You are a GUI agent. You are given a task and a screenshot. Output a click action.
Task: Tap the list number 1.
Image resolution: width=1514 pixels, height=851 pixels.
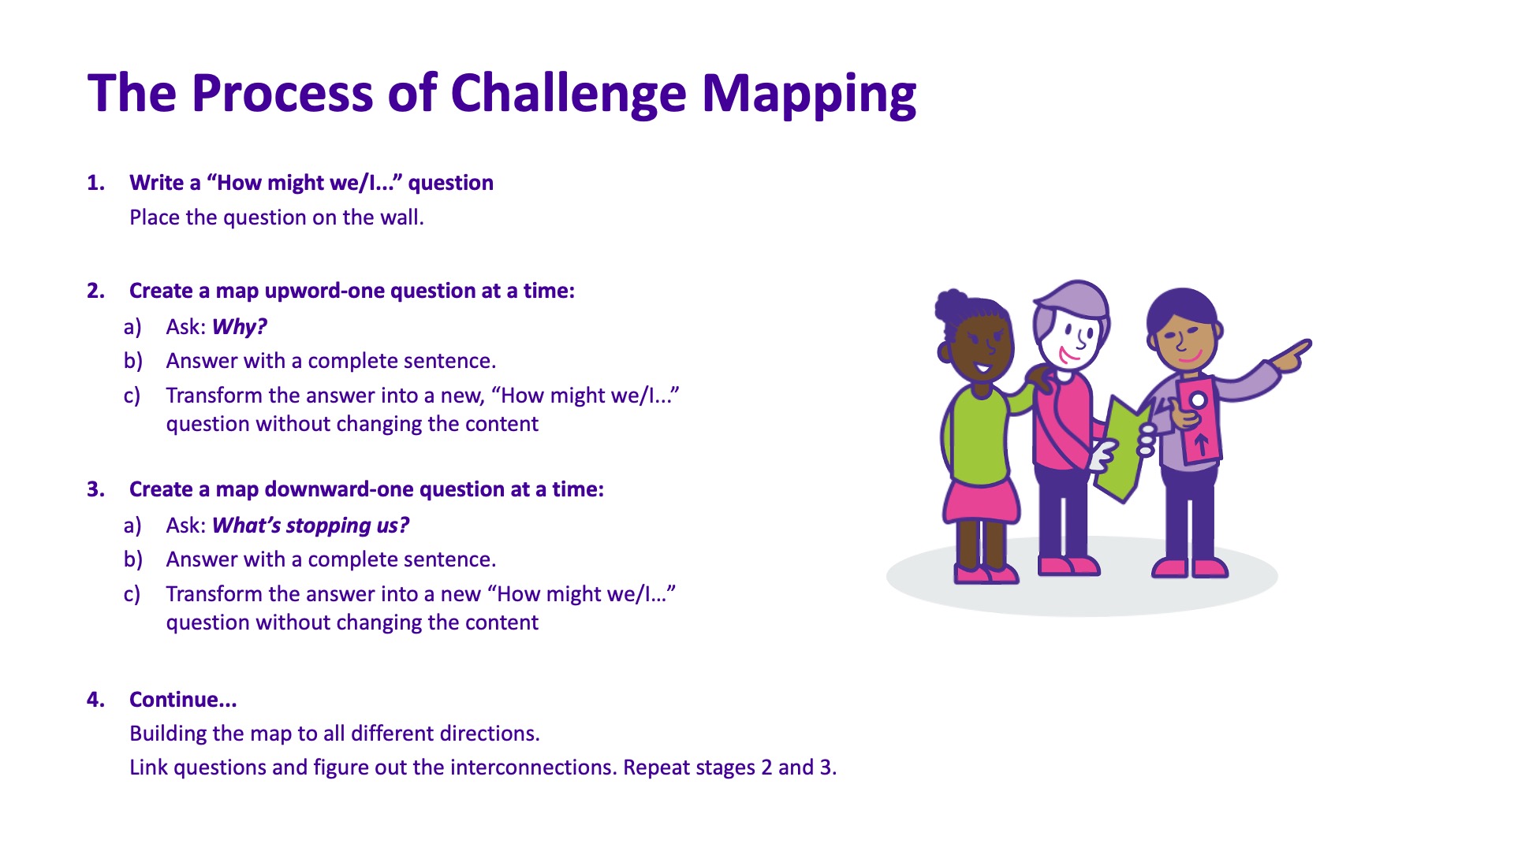click(95, 183)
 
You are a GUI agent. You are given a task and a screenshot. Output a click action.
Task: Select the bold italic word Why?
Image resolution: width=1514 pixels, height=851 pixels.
click(240, 326)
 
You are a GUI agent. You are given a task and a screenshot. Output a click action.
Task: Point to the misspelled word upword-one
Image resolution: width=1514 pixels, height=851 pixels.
click(324, 291)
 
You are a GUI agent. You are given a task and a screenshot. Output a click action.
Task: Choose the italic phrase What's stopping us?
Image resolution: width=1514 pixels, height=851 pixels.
click(311, 525)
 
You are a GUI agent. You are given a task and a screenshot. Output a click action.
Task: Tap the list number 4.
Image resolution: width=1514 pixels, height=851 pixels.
click(95, 700)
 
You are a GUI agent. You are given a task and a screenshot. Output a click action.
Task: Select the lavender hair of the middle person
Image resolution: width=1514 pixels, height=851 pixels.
click(1072, 303)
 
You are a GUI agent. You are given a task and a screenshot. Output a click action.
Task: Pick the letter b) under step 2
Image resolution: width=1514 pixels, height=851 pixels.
click(132, 361)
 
